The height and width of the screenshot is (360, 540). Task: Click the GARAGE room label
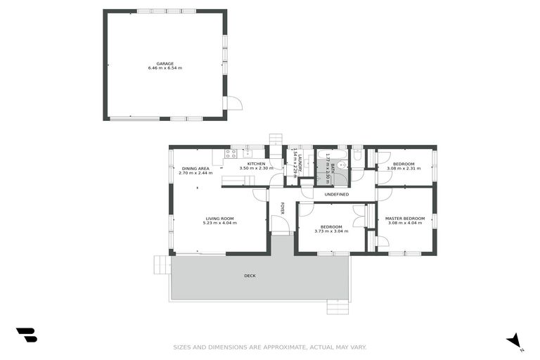tap(165, 64)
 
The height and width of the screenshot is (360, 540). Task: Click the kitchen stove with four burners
tap(231, 154)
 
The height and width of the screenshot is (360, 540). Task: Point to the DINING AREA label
tap(195, 169)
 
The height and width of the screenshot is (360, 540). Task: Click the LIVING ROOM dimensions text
tap(219, 223)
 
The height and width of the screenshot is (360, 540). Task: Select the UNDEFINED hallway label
tap(336, 194)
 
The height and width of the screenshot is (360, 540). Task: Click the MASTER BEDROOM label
tap(405, 219)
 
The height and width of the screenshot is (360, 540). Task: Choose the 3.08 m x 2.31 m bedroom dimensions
tap(404, 169)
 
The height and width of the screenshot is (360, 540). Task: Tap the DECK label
tap(250, 276)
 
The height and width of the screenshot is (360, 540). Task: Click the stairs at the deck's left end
tap(162, 264)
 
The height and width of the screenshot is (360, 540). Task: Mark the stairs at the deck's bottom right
tap(337, 307)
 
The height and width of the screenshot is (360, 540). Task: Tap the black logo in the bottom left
tap(27, 335)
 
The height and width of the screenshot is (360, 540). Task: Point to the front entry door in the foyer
tap(280, 225)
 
